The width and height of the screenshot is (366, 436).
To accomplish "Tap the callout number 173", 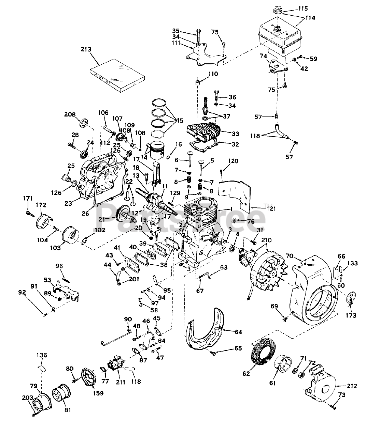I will [351, 315].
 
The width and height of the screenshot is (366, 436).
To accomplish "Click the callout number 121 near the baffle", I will [269, 208].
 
